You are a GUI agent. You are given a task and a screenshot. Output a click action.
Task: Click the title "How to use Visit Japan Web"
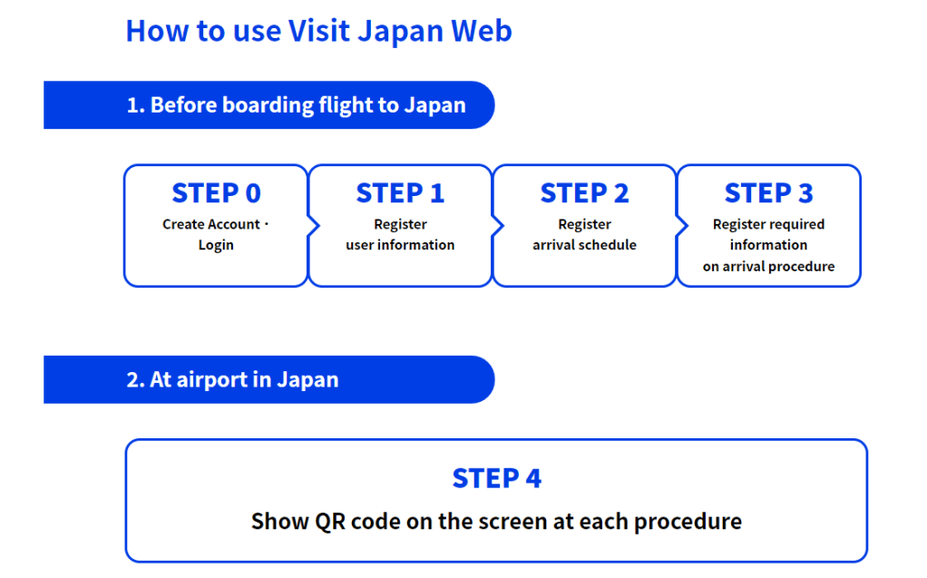point(318,31)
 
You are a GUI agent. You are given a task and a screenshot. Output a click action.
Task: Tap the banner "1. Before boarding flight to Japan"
point(296,105)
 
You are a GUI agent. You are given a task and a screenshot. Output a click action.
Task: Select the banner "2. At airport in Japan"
point(232,379)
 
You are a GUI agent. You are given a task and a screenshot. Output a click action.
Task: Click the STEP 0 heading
point(216,193)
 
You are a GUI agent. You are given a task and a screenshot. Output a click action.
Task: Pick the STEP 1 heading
point(400,193)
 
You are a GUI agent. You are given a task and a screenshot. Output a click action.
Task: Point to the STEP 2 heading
point(584,193)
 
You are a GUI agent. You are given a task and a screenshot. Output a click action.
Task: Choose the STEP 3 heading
point(768,193)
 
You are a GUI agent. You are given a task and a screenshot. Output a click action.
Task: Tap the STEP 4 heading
point(496,478)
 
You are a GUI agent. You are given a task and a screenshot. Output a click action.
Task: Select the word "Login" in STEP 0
point(216,245)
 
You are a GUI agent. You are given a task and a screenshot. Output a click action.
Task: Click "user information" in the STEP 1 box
point(400,245)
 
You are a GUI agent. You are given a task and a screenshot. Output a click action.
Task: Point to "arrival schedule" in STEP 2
point(584,245)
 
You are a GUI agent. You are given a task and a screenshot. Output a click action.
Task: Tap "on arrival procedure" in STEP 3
point(768,267)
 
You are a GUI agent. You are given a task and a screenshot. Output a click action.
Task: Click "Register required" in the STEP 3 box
point(768,224)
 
